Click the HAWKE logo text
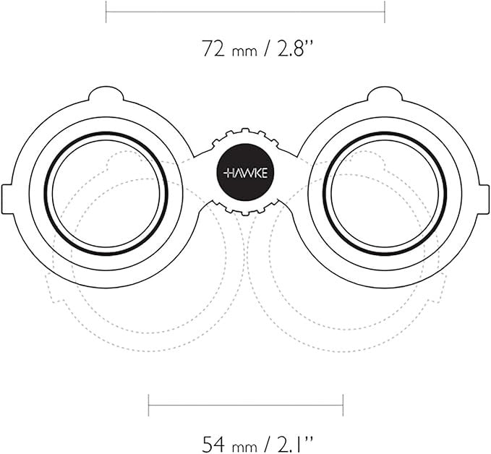coord(246,173)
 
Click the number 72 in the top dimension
coord(213,48)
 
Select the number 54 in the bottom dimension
coord(213,444)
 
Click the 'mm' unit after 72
coord(244,51)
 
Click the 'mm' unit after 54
coord(244,447)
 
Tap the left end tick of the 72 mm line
coord(106,12)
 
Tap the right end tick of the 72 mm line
coord(385,12)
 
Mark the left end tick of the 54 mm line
coord(148,406)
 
